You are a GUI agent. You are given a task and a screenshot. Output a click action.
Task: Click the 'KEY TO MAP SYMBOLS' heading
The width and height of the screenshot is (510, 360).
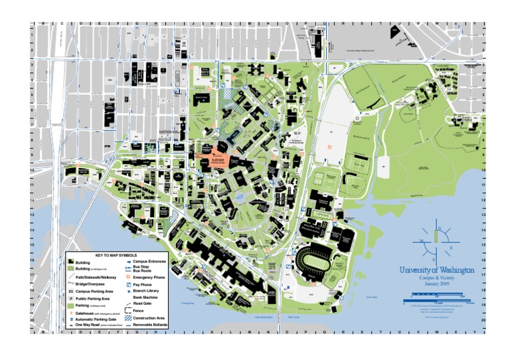pos(116,255)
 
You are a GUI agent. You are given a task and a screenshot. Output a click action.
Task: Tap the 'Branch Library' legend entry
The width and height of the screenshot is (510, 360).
pos(145,291)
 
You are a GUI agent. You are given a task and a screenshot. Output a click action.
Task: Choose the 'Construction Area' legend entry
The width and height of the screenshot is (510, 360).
pos(149,318)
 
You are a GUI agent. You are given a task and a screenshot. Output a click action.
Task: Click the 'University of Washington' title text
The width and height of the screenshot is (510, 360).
pos(436,271)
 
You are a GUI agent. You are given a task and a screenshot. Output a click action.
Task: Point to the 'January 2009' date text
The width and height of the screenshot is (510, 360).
pos(436,284)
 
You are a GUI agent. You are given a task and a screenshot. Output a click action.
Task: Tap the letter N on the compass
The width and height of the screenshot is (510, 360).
pos(438,229)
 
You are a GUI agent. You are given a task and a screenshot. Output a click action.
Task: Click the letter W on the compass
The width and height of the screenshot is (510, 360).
pos(422,242)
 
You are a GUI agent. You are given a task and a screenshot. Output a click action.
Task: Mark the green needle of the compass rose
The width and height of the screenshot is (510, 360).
pos(436,236)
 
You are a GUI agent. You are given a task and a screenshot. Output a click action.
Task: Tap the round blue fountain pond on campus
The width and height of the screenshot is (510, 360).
pos(239,197)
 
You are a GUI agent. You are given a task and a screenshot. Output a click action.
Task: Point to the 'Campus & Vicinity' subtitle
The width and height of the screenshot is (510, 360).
pos(436,278)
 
